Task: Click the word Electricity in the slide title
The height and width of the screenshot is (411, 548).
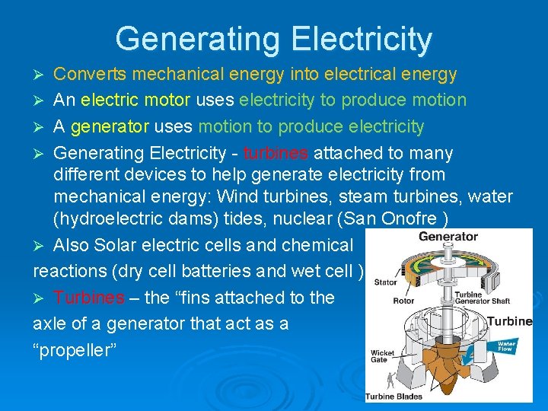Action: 362,39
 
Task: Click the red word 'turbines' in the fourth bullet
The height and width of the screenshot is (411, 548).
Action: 276,153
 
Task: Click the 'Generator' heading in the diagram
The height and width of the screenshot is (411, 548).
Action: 448,237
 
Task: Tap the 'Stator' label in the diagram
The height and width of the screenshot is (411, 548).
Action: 385,282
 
